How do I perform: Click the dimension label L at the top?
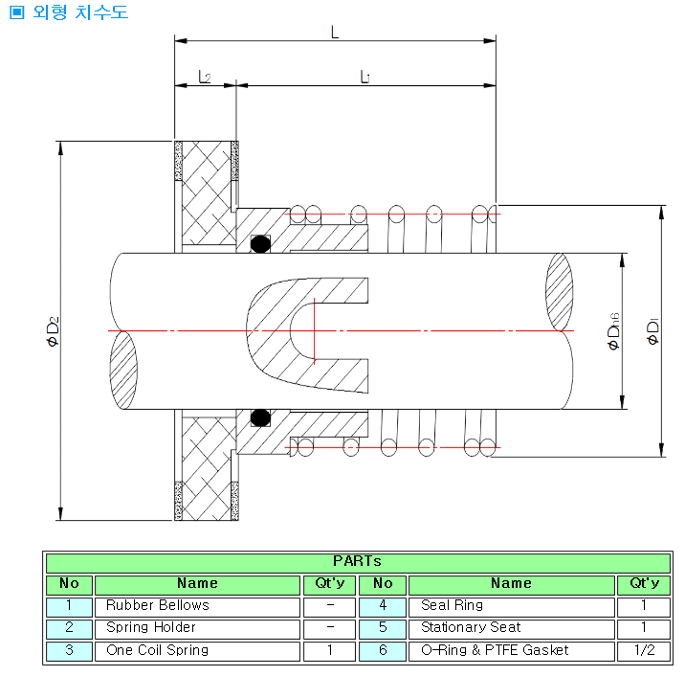tap(334, 31)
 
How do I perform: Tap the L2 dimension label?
tap(204, 76)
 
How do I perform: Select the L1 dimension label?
tap(365, 76)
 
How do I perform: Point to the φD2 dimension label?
tap(53, 330)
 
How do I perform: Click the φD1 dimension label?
tap(653, 330)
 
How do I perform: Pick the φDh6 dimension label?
tap(614, 330)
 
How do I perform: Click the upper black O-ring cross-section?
tap(259, 244)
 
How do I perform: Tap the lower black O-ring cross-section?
tap(259, 417)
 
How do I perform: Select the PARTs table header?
tap(357, 561)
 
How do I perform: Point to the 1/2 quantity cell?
tap(644, 650)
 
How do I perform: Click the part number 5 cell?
tap(383, 628)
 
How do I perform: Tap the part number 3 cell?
tap(69, 650)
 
